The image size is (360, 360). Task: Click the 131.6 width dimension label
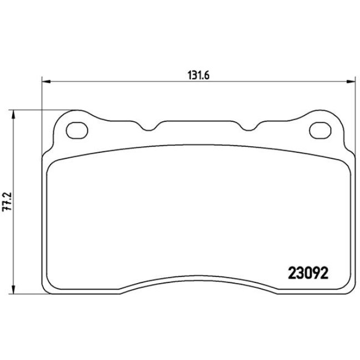(198, 75)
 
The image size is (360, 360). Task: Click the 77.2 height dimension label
(7, 202)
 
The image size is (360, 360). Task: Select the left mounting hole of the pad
(77, 130)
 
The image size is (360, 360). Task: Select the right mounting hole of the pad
(320, 130)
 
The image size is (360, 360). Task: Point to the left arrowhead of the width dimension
(46, 81)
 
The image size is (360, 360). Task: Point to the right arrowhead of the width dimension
(351, 81)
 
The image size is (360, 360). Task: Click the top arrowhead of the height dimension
(13, 114)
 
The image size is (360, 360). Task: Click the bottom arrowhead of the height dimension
(13, 290)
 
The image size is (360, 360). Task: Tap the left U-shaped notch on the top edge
(149, 128)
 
